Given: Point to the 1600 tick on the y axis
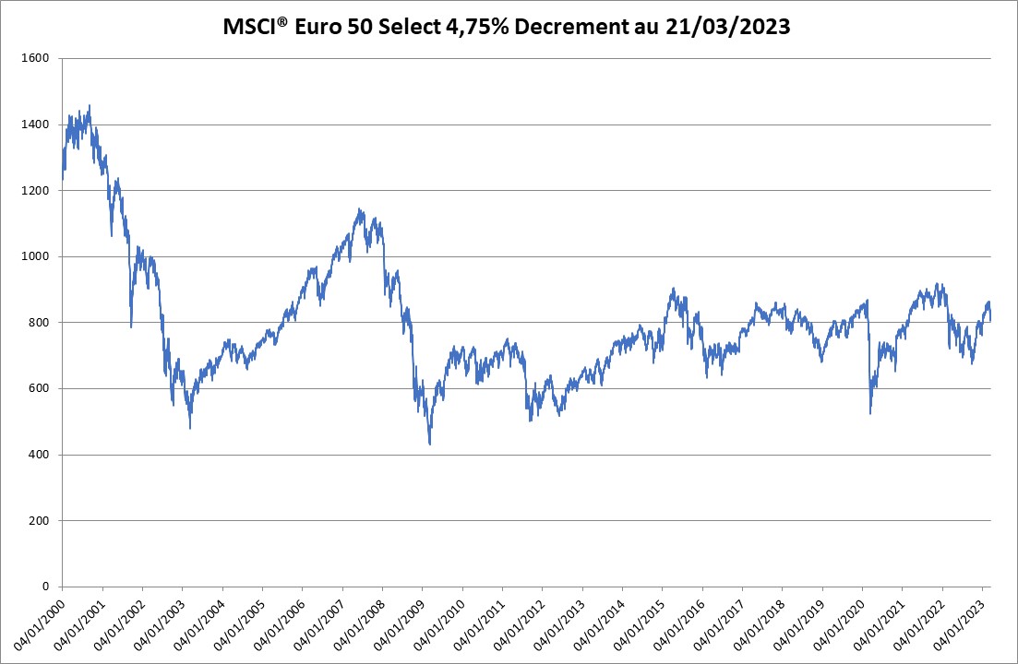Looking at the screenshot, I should pyautogui.click(x=35, y=59).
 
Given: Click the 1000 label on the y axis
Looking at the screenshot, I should pyautogui.click(x=35, y=256).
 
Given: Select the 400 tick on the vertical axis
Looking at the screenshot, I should pyautogui.click(x=39, y=455).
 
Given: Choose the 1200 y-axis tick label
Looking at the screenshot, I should pyautogui.click(x=35, y=191).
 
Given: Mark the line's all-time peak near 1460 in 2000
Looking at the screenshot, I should pyautogui.click(x=90, y=105).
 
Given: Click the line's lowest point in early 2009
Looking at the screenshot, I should pyautogui.click(x=430, y=445).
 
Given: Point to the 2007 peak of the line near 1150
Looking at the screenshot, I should pyautogui.click(x=359, y=208).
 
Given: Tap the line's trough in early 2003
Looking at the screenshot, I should pyautogui.click(x=190, y=428).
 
